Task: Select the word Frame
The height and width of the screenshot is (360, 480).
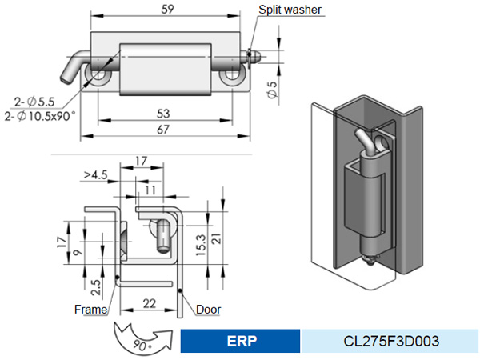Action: pyautogui.click(x=90, y=309)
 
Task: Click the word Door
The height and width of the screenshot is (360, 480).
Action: pyautogui.click(x=208, y=310)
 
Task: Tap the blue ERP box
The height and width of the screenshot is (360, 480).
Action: pyautogui.click(x=240, y=341)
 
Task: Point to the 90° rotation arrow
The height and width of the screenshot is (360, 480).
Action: pyautogui.click(x=144, y=336)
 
